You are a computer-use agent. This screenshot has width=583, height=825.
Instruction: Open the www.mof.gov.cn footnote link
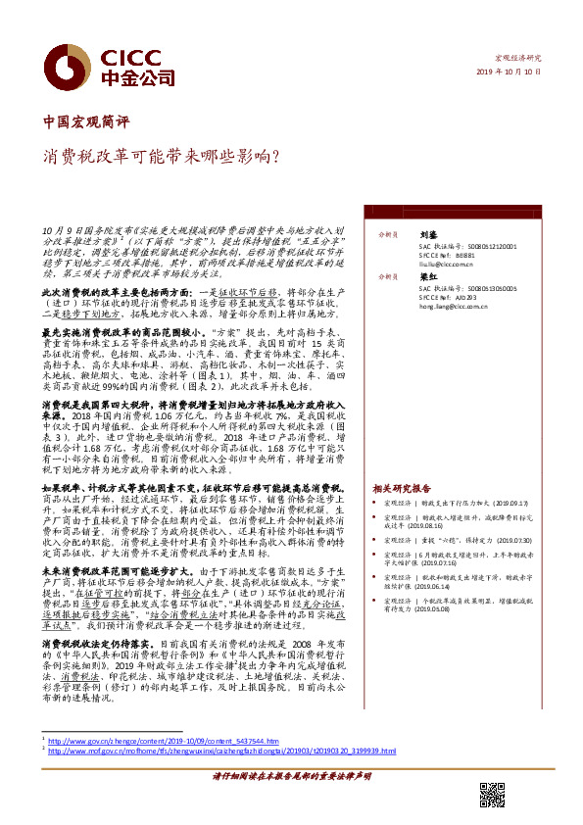(x=221, y=751)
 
